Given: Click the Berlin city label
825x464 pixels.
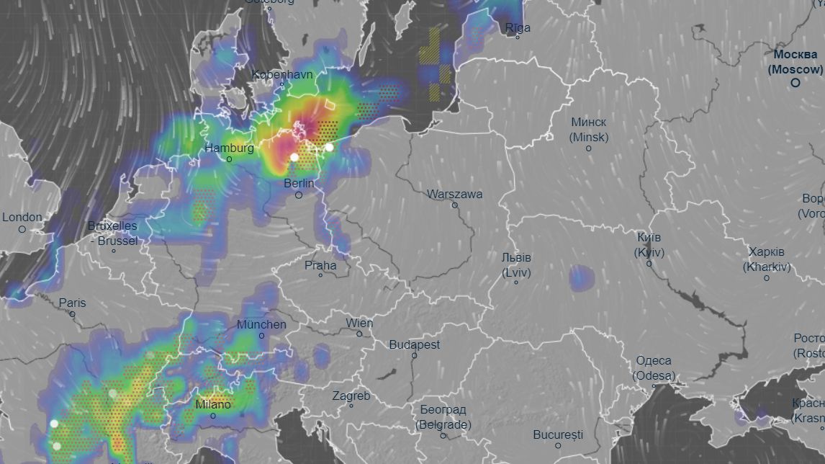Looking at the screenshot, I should coord(299,183).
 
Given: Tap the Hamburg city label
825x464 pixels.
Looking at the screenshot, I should coord(229,148).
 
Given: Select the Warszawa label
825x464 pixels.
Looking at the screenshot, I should coord(454,194).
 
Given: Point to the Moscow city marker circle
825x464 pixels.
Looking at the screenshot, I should coord(795,83).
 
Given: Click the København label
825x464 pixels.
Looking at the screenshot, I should coord(282,74).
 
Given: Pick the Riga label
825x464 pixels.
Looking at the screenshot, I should coord(518,28).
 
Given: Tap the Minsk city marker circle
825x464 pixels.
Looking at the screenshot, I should coord(588,148).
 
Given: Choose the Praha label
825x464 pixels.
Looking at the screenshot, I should coord(320,265).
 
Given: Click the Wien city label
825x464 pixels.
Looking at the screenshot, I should coord(359,323).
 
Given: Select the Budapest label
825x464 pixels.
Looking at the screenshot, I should coord(415,345).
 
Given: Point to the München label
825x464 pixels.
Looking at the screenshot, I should coord(261,324).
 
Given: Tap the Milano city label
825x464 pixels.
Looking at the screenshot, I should coord(213,404).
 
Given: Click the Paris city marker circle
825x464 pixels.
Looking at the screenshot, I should coord(73,314).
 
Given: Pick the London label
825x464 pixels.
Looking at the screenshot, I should coord(22,217).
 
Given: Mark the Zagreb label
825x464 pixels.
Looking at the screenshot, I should coord(351,396).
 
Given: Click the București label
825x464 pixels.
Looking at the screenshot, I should coord(558,434).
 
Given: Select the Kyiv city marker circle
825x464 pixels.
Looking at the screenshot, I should coord(649,264).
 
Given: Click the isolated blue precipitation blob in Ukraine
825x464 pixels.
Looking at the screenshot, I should coord(581,277).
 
